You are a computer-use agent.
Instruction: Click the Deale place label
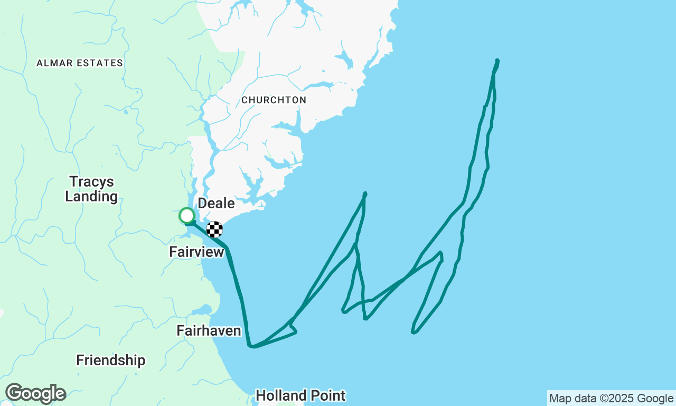pos(216,204)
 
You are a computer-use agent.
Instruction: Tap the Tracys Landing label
pos(91,189)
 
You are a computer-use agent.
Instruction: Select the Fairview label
pos(196,252)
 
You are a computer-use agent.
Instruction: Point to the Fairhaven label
pos(209,331)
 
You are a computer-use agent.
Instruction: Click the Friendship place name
pos(110,361)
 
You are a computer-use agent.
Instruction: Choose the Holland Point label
pos(301,395)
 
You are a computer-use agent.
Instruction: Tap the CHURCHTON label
pos(274,100)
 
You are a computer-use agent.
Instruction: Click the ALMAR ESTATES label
pos(80,63)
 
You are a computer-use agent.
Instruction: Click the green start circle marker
pos(186,216)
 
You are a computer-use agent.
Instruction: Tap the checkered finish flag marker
pos(214,229)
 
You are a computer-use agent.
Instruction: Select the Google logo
pos(35,394)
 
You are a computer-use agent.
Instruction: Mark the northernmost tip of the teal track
pos(497,60)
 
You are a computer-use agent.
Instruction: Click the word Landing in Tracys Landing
pos(91,197)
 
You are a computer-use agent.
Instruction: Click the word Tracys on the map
pos(92,182)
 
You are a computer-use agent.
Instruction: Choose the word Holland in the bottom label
pos(281,395)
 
